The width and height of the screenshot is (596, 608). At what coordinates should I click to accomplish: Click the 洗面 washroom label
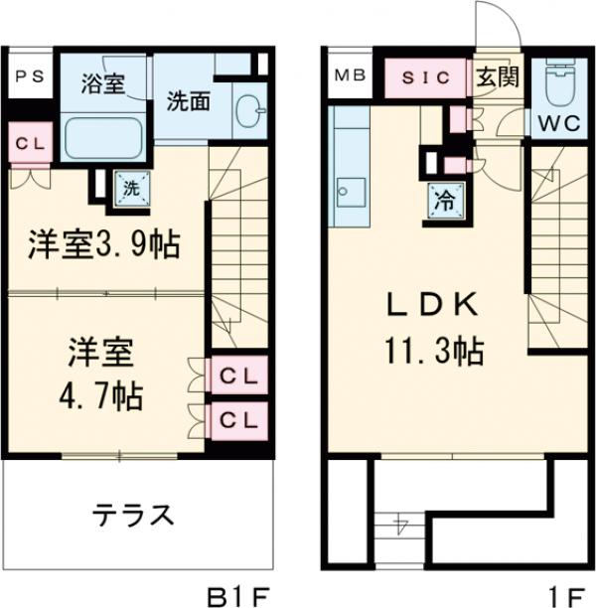point(185,101)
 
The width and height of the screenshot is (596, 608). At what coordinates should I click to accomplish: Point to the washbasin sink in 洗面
point(249,110)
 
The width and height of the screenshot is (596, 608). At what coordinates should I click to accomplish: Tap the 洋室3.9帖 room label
point(102,245)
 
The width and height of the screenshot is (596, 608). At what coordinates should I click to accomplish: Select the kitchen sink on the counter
point(350,189)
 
